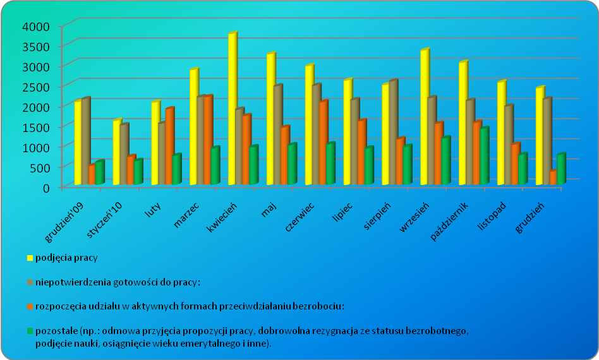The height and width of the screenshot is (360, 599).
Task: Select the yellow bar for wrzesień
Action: (x=424, y=118)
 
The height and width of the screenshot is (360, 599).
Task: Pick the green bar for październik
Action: (x=483, y=157)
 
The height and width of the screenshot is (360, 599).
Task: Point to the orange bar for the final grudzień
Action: (x=553, y=178)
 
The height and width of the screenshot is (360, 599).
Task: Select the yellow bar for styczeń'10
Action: (x=116, y=153)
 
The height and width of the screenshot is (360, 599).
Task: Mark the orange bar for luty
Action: (x=169, y=147)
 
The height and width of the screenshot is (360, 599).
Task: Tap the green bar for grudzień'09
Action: (x=99, y=173)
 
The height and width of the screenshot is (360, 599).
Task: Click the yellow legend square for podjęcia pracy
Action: (x=29, y=258)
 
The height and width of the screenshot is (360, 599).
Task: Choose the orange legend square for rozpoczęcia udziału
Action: (x=29, y=306)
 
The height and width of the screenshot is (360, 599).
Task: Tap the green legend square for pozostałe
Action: (x=29, y=330)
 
